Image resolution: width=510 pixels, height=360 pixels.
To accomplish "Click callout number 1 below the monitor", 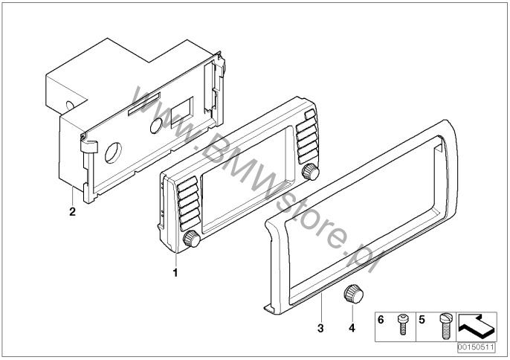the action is [x=175, y=272].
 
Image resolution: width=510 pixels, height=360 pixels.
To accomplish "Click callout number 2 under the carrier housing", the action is [x=72, y=211].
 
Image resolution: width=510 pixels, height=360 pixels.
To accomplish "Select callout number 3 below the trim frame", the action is [x=320, y=328].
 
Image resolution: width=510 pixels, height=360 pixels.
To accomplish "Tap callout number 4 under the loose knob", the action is [x=352, y=328].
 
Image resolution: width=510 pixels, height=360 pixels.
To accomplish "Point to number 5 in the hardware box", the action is [x=422, y=320].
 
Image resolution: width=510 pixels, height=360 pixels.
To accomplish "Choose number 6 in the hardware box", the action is [x=381, y=320].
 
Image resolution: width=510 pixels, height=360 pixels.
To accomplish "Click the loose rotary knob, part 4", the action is [x=353, y=295].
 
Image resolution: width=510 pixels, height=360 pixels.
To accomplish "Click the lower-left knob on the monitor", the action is [x=192, y=239].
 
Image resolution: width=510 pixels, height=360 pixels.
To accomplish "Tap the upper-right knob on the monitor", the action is [x=311, y=172].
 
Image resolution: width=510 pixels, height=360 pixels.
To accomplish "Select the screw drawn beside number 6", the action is [x=403, y=324].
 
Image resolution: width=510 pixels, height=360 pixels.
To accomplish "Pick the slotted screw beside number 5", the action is [x=445, y=326].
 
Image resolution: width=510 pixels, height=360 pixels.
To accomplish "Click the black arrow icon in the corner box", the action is [x=477, y=327].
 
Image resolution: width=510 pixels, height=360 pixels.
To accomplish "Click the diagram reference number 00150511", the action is [x=476, y=347].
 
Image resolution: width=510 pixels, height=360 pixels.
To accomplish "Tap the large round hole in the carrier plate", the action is [x=113, y=152].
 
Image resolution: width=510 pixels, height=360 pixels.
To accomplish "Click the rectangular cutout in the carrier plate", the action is [x=182, y=112].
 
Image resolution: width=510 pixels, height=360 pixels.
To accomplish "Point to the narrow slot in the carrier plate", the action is [x=144, y=104].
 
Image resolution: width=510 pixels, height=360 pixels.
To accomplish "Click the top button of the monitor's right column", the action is [x=310, y=115].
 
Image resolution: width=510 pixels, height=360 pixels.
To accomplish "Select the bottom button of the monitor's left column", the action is [x=190, y=224].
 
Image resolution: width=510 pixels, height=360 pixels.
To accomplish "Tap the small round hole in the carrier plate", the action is [x=156, y=126].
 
